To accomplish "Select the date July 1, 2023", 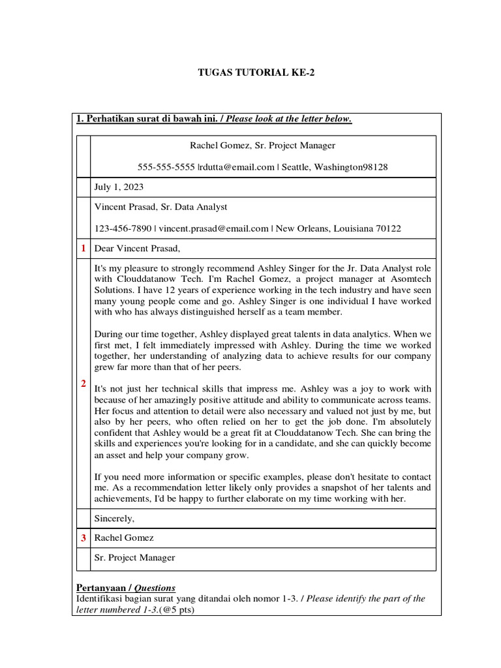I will (x=120, y=187).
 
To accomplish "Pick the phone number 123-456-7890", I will (x=123, y=228).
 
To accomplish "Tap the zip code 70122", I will (x=388, y=228).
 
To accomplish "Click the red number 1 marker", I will (x=83, y=249).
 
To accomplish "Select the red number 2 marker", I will (x=83, y=384).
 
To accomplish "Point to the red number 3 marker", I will (x=83, y=538).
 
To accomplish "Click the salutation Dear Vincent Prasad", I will (x=137, y=249).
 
